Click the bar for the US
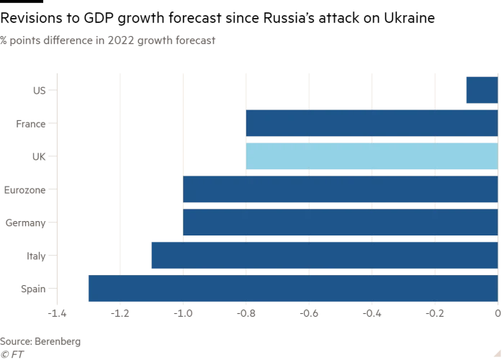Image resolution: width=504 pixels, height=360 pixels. click(x=482, y=90)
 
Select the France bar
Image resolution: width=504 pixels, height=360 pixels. click(x=372, y=123)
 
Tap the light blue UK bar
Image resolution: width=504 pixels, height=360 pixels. click(x=372, y=156)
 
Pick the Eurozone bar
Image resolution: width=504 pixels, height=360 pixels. click(x=340, y=189)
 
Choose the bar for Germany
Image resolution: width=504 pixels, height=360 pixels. click(x=340, y=222)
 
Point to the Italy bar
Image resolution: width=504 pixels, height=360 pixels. click(x=324, y=256)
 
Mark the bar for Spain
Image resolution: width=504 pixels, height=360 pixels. click(x=292, y=289)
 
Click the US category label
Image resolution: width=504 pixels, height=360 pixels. click(x=39, y=91)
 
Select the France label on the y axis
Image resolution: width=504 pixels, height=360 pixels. click(x=30, y=124)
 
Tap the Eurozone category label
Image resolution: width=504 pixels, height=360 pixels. click(x=24, y=190)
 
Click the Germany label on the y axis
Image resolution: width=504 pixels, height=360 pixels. click(x=25, y=223)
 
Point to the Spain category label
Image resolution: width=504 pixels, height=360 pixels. click(x=33, y=289)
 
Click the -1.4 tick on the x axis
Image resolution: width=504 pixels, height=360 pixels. click(x=57, y=314)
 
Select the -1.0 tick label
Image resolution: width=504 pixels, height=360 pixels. click(x=183, y=314)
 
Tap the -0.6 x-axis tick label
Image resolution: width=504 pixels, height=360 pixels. click(x=309, y=314)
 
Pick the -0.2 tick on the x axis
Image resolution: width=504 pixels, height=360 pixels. click(x=434, y=314)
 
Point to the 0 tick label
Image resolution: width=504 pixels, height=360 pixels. click(x=498, y=314)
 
